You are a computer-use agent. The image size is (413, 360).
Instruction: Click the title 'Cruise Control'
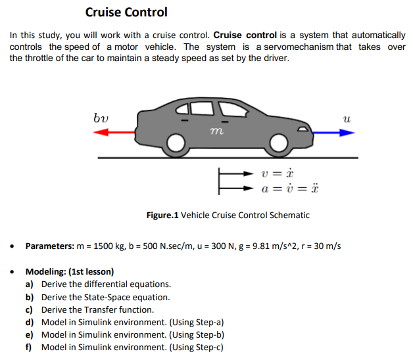tap(126, 12)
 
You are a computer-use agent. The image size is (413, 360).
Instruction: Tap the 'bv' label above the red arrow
tap(101, 118)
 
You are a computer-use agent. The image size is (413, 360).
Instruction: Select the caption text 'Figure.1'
tap(162, 215)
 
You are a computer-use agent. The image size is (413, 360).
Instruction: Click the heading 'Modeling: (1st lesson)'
tap(70, 271)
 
